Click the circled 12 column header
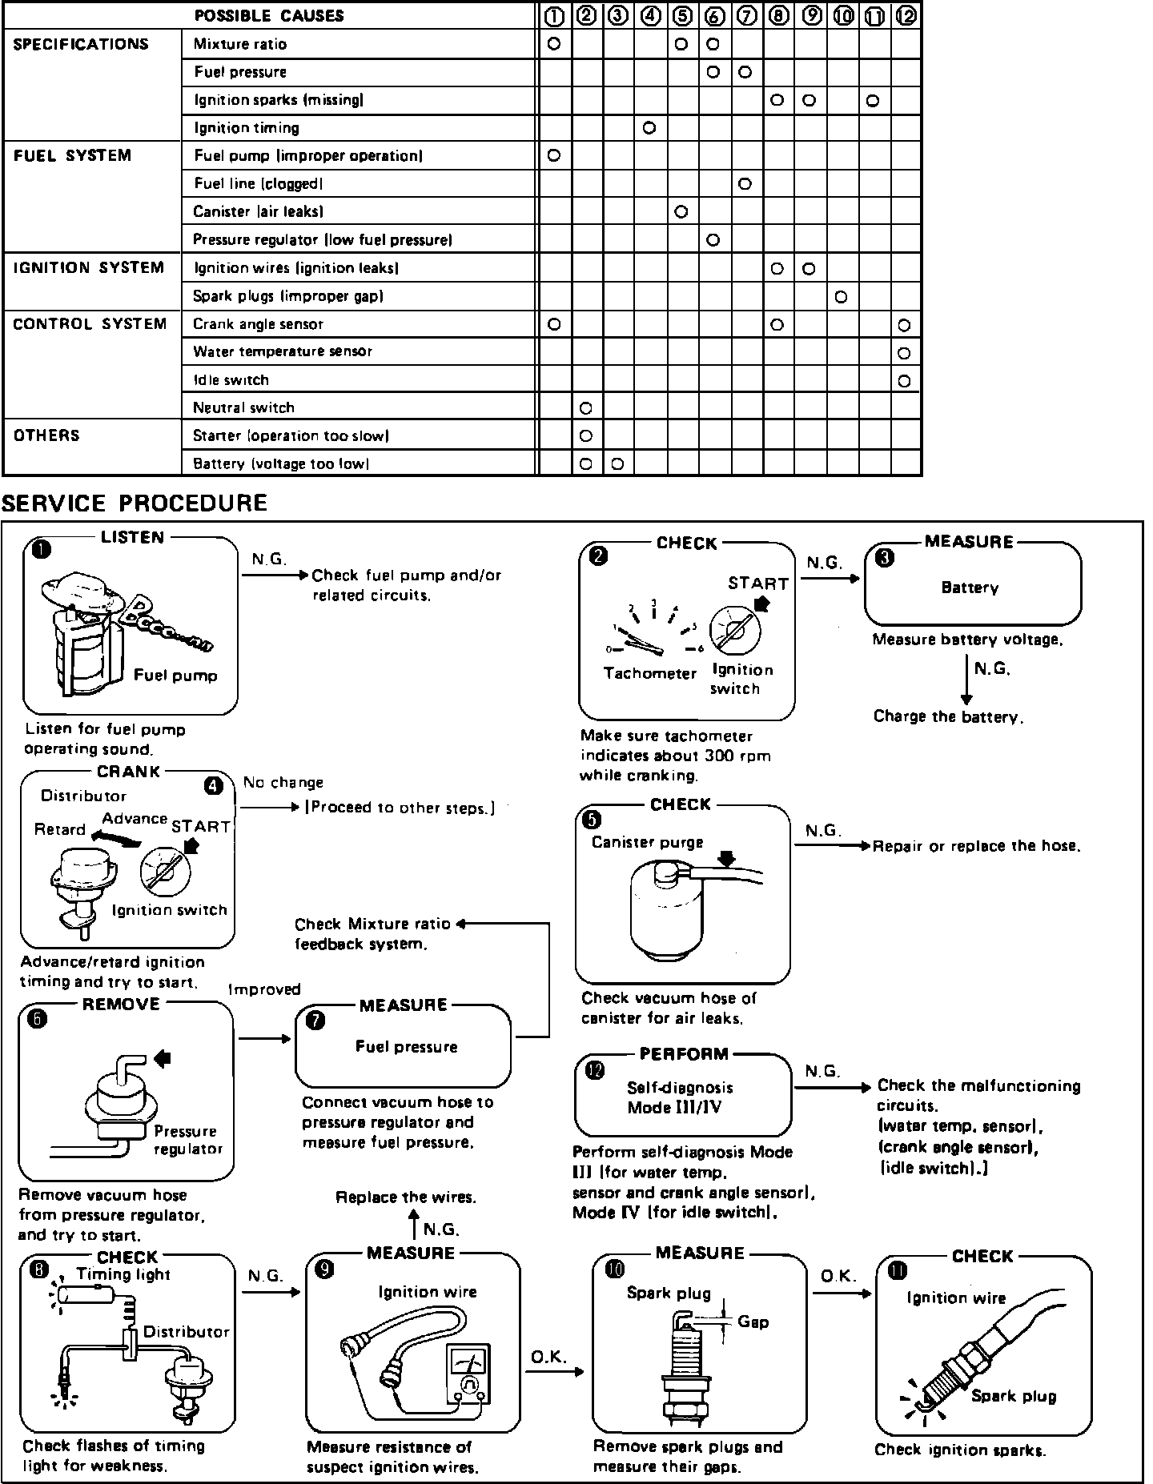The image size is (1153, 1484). pos(906,15)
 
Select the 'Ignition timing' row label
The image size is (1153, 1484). pos(247,128)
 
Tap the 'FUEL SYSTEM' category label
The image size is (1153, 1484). pos(72,156)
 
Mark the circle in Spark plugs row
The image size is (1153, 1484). pos(841,297)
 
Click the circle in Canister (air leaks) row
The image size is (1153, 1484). pos(681,212)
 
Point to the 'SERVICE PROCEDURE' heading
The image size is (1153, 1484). pos(135,503)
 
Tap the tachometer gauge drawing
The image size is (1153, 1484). pos(652,628)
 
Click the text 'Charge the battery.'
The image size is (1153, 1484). pos(948,717)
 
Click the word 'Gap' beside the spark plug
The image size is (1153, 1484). pos(753,1322)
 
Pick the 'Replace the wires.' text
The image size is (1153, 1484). pos(406,1197)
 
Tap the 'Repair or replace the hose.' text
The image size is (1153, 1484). pos(976,846)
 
